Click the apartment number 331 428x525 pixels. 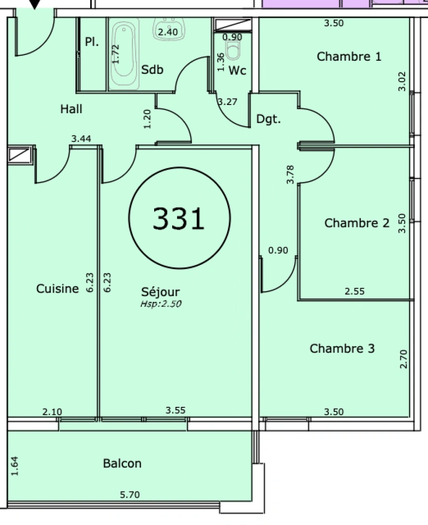[178, 218]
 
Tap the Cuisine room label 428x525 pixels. [57, 289]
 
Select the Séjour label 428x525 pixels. [160, 292]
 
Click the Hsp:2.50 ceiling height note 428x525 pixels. [160, 304]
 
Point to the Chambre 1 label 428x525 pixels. [349, 56]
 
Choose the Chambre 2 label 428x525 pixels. [357, 223]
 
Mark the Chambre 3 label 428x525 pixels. [342, 349]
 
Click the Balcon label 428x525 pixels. [122, 463]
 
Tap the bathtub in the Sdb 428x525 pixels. [125, 53]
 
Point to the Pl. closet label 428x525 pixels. [92, 42]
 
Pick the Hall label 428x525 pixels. [71, 109]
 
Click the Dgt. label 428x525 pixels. [268, 119]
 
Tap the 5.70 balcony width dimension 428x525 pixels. [129, 495]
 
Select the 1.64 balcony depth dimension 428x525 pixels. [15, 466]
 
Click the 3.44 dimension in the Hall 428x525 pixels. [81, 139]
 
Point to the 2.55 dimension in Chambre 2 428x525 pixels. [355, 292]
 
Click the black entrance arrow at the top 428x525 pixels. [35, 4]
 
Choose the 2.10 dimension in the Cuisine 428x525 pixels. [52, 412]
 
